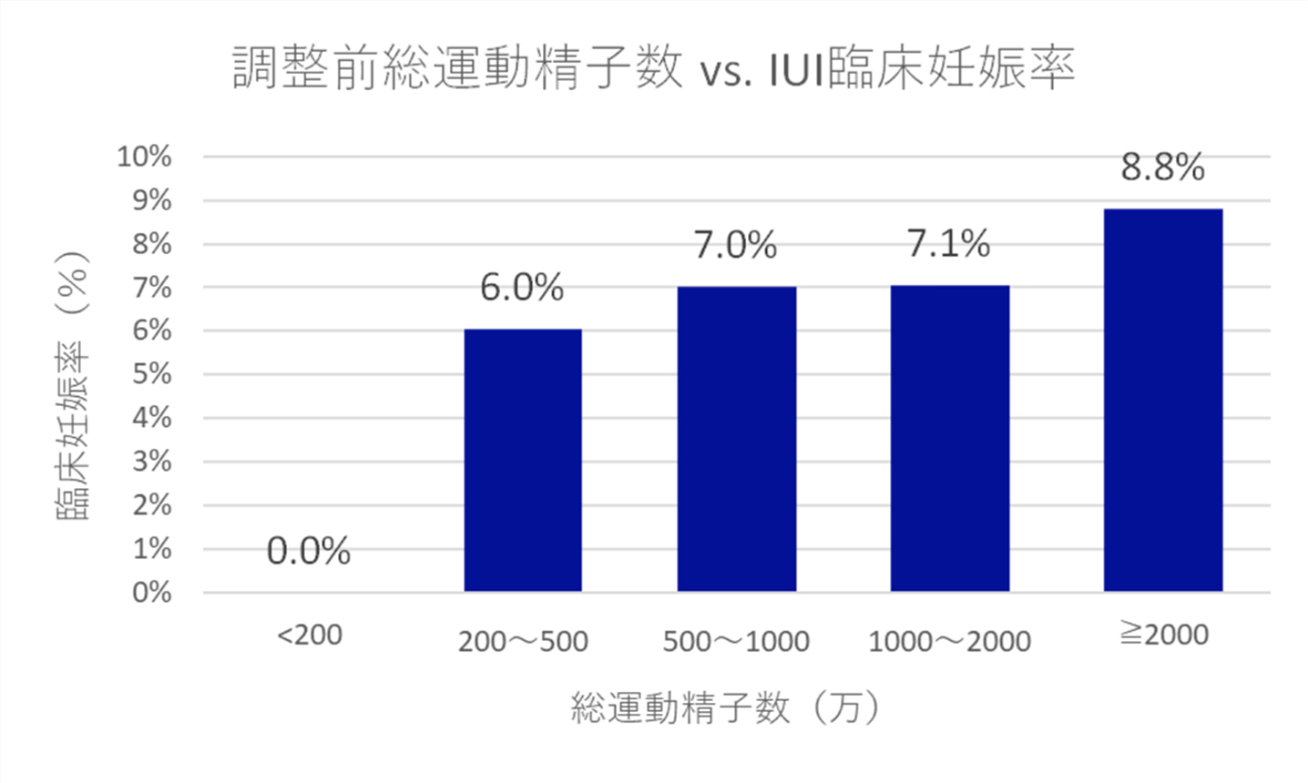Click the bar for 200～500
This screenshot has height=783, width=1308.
pyautogui.click(x=523, y=460)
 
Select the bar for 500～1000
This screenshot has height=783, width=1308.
pyautogui.click(x=736, y=439)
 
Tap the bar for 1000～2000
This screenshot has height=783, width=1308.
pyautogui.click(x=949, y=438)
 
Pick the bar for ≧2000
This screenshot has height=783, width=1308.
pyautogui.click(x=1162, y=400)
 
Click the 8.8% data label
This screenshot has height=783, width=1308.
pyautogui.click(x=1162, y=168)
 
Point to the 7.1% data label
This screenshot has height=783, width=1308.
pyautogui.click(x=948, y=244)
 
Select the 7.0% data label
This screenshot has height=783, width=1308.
pyautogui.click(x=735, y=245)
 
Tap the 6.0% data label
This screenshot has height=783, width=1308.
pyautogui.click(x=522, y=288)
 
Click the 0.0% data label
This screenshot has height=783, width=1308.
pyautogui.click(x=309, y=551)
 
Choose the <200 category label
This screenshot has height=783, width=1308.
pyautogui.click(x=309, y=635)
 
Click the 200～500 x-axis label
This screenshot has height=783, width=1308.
pyautogui.click(x=523, y=642)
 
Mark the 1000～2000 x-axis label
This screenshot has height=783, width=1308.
pyautogui.click(x=949, y=642)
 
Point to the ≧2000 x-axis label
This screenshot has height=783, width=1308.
pyautogui.click(x=1163, y=635)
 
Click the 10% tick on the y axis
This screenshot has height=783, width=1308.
pyautogui.click(x=144, y=157)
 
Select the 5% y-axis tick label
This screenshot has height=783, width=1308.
pyautogui.click(x=151, y=374)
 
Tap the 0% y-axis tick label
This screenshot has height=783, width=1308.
pyautogui.click(x=151, y=593)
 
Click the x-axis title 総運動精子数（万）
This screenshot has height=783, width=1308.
pyautogui.click(x=725, y=707)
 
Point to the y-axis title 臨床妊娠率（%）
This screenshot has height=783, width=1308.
pyautogui.click(x=73, y=384)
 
